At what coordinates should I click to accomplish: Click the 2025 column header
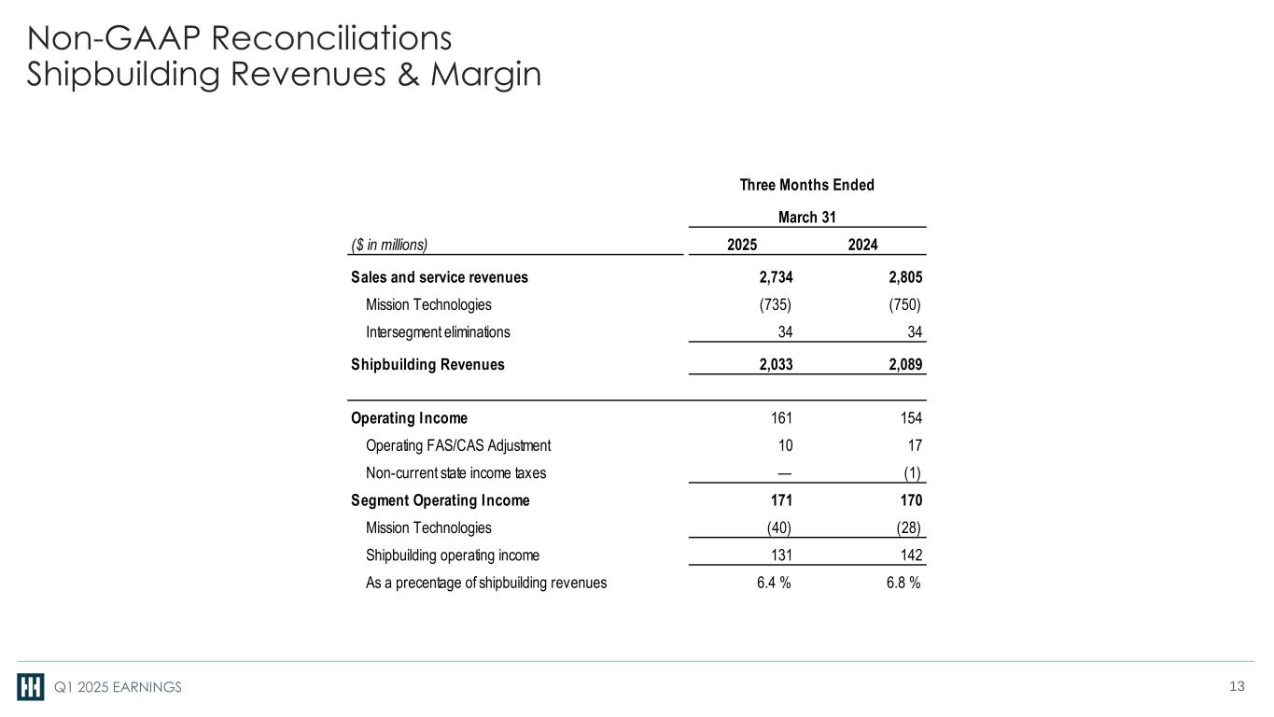pos(742,246)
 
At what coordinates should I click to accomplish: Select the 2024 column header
pos(862,246)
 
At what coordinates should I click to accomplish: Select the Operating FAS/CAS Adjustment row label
pos(458,445)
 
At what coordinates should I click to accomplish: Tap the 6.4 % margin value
pos(774,583)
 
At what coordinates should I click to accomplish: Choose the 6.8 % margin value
pos(903,583)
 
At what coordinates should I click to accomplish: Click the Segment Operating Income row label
pos(441,500)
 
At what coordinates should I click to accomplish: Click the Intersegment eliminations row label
pos(438,331)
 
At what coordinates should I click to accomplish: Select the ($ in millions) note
pos(389,246)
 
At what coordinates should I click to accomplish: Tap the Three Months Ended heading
pos(806,185)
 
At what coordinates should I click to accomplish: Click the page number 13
pos(1237,687)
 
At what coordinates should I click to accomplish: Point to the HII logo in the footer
pos(30,687)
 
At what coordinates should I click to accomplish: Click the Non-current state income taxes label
pos(455,472)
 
